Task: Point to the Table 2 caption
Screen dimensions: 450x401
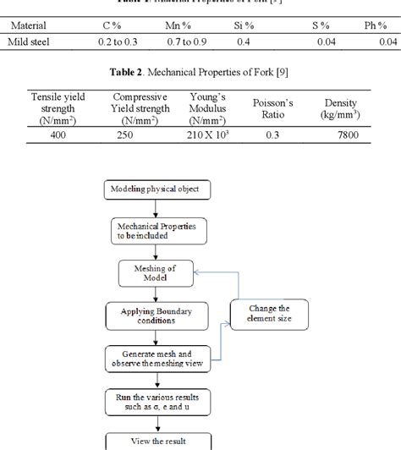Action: tap(200, 73)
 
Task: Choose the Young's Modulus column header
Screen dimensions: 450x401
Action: tap(208, 108)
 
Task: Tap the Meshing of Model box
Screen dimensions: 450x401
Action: tap(155, 274)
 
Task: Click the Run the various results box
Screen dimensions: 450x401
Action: tap(155, 400)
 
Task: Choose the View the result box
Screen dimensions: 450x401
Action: tap(155, 442)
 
